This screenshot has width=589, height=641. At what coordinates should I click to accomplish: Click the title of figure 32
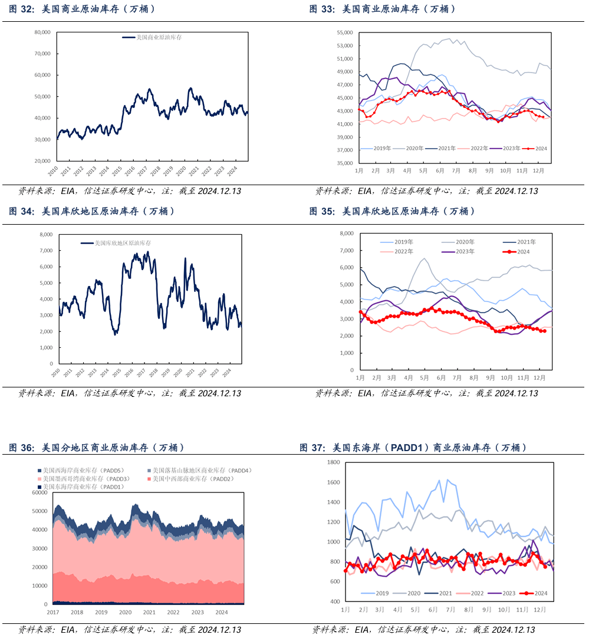[x=83, y=9]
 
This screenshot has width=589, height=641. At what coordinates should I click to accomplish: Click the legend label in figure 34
[x=123, y=243]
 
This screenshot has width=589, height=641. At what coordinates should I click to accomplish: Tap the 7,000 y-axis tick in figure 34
[x=45, y=251]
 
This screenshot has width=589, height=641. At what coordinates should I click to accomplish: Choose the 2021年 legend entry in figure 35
[x=524, y=242]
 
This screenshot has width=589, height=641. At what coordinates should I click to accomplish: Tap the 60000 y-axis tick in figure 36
[x=39, y=492]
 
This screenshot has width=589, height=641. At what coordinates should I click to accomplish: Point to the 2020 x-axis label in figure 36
[x=125, y=612]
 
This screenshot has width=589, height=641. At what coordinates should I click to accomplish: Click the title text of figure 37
[x=413, y=448]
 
